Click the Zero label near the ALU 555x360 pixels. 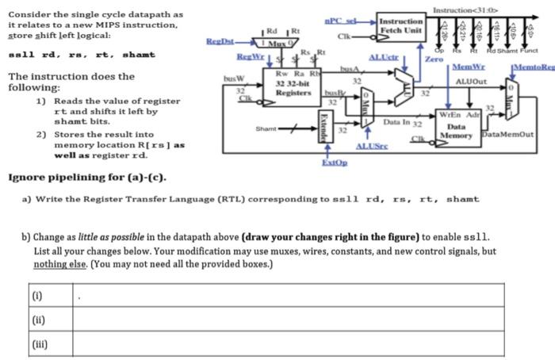pyautogui.click(x=434, y=59)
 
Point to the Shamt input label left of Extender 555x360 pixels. pyautogui.click(x=266, y=127)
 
